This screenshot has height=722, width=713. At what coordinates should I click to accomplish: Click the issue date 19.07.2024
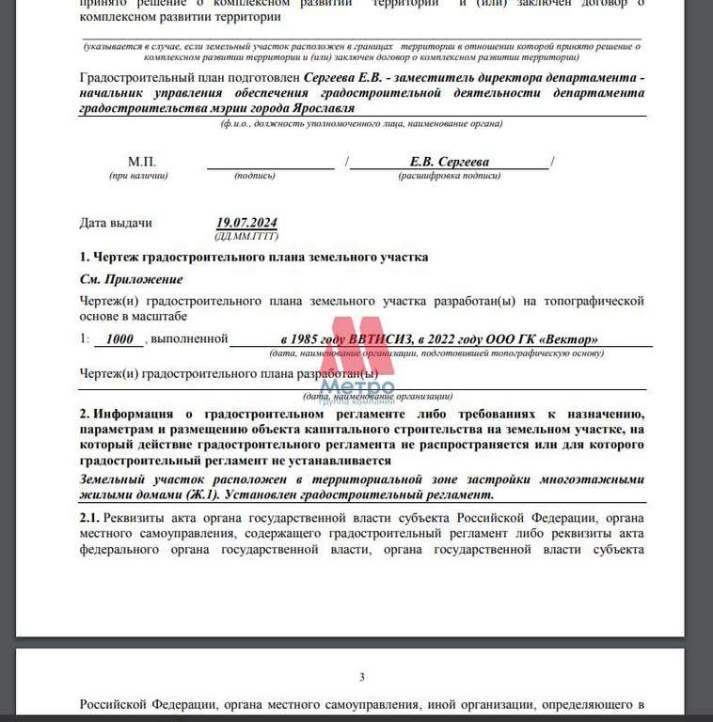click(x=246, y=223)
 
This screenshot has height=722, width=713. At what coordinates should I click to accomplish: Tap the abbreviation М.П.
click(x=142, y=162)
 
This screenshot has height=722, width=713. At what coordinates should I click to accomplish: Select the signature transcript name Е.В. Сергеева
click(x=450, y=162)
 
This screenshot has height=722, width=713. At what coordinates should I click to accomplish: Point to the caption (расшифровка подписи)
click(x=449, y=175)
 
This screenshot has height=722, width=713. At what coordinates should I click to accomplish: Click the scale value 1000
click(x=119, y=339)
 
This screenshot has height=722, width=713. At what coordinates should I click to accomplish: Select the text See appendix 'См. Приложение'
click(x=131, y=279)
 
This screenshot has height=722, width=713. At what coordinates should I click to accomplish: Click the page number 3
click(x=361, y=677)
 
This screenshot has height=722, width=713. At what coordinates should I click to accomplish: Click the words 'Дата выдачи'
click(x=116, y=223)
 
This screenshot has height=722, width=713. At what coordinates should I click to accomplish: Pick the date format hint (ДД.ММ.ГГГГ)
click(x=246, y=236)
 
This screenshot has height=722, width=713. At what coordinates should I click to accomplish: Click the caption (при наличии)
click(x=138, y=175)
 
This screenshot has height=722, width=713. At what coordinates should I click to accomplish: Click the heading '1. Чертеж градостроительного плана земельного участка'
click(x=254, y=257)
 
